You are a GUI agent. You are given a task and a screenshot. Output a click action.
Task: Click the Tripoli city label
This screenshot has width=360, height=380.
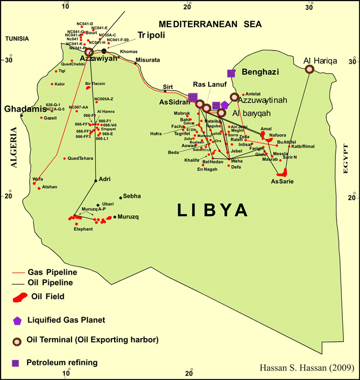(148, 34)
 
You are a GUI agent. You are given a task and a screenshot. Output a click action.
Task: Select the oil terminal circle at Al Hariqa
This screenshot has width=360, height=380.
(310, 69)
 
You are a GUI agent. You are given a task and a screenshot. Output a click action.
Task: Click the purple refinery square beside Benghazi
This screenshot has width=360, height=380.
(231, 73)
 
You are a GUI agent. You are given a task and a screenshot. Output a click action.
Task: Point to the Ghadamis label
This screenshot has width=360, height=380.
(24, 109)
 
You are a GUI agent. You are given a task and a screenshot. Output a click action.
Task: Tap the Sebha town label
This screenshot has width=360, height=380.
(132, 196)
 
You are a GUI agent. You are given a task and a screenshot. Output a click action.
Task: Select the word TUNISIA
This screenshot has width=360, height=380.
(17, 39)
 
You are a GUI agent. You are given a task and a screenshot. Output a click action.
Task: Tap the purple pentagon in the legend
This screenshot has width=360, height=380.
(18, 320)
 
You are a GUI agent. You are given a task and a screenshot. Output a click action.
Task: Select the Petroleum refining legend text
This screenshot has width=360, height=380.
(65, 363)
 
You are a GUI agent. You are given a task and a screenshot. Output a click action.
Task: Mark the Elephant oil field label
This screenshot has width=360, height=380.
(83, 228)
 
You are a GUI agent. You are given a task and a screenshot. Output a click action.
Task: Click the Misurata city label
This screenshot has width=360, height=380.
(147, 60)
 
